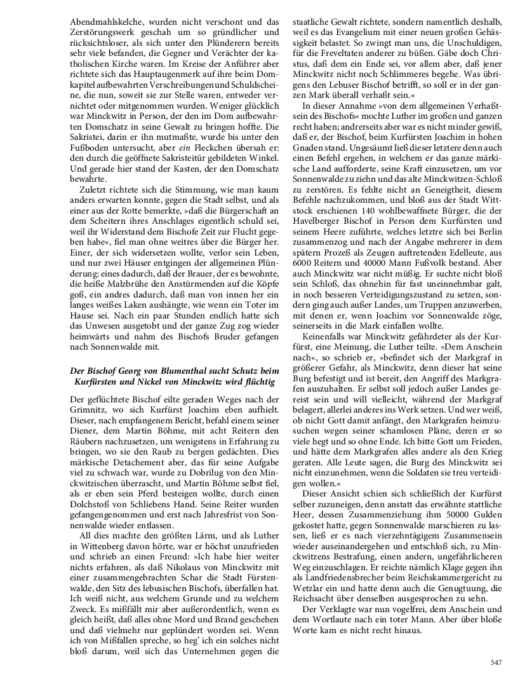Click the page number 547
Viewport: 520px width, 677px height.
coord(497,662)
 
